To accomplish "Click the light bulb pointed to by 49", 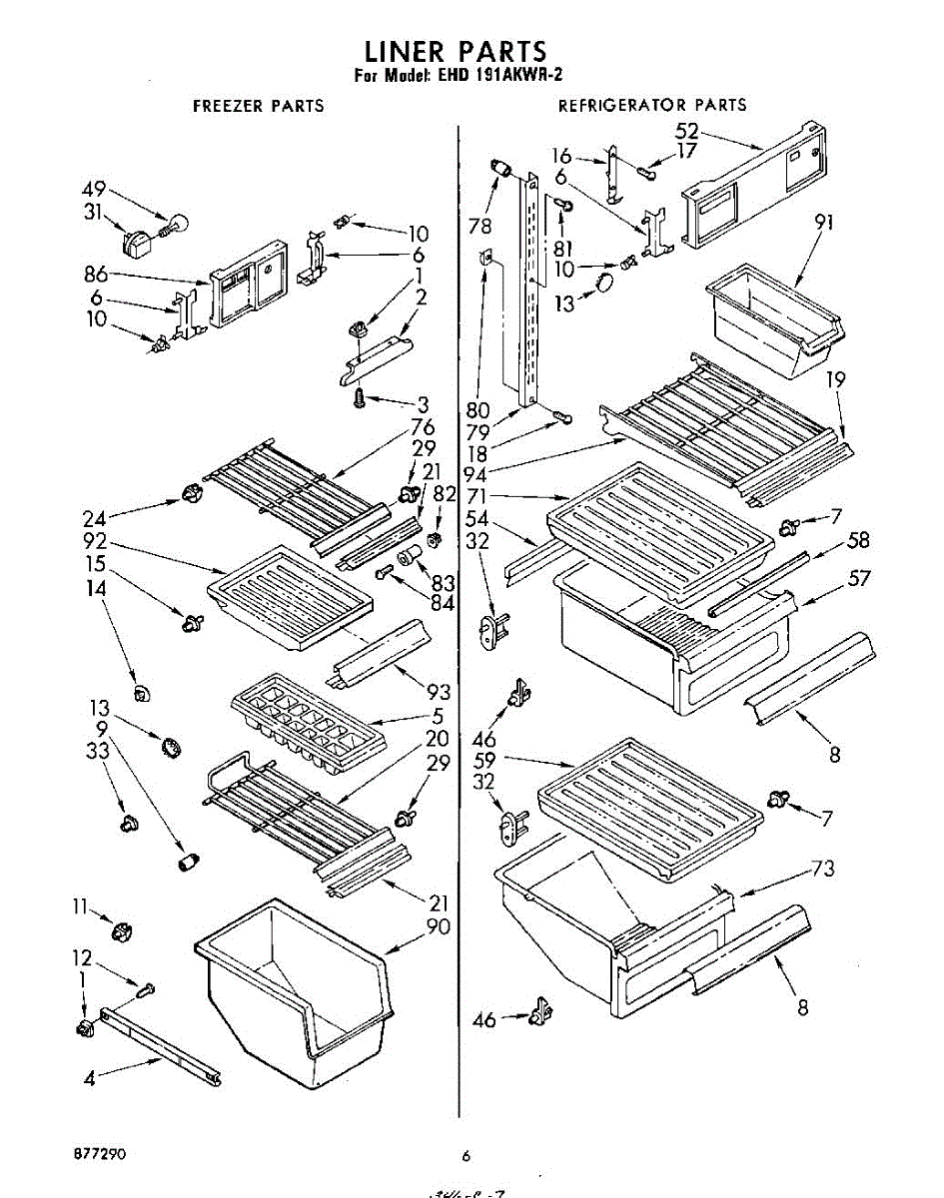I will [x=178, y=225].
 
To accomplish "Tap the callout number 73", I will [x=822, y=869].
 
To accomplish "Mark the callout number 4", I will [x=90, y=1079].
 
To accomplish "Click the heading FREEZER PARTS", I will [x=258, y=105].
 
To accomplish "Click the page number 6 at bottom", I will [x=466, y=1156].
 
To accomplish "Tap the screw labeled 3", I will [x=358, y=397].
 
